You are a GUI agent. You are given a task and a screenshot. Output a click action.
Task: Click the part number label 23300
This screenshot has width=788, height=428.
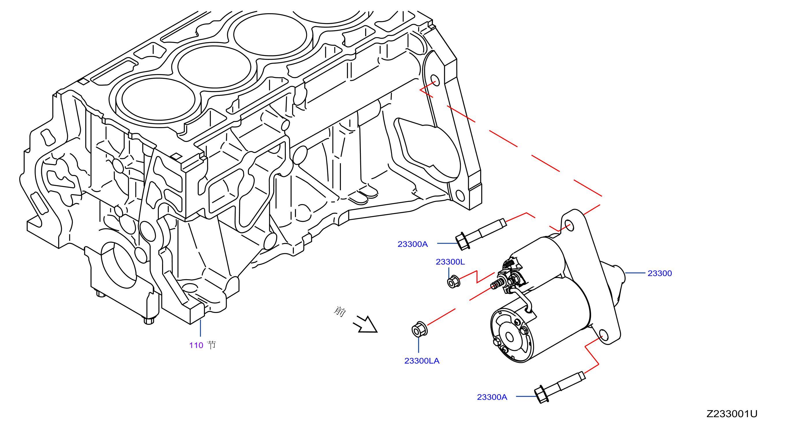(x=660, y=273)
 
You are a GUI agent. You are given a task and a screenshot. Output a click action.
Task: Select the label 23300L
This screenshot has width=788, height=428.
(x=450, y=262)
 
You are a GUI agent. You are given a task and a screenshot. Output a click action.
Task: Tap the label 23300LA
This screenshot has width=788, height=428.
(x=421, y=361)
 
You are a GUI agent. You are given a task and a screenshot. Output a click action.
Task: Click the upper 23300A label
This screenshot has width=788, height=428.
(x=412, y=244)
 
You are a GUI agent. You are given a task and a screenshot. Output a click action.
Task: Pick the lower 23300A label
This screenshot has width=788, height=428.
(x=492, y=397)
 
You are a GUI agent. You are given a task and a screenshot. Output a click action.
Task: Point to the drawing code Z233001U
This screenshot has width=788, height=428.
(x=732, y=414)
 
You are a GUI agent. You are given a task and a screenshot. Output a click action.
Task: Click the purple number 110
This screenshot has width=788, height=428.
(x=196, y=346)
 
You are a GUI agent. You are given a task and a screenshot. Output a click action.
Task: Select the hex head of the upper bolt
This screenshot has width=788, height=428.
(x=462, y=241)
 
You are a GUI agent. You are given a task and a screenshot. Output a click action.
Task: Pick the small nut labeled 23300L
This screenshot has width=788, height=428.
(x=453, y=282)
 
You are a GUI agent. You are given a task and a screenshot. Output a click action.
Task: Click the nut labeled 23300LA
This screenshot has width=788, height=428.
(x=419, y=329)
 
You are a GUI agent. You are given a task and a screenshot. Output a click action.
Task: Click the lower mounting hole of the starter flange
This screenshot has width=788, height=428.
(x=603, y=335)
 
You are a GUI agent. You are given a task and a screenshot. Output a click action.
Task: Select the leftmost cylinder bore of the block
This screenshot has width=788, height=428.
(x=158, y=99)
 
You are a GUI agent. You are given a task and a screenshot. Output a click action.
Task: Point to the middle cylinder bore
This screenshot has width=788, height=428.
(x=214, y=67)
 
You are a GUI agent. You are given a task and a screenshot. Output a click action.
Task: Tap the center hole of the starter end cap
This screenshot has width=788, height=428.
(x=510, y=337)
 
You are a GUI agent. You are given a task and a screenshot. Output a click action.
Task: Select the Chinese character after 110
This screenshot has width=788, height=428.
(x=211, y=345)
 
